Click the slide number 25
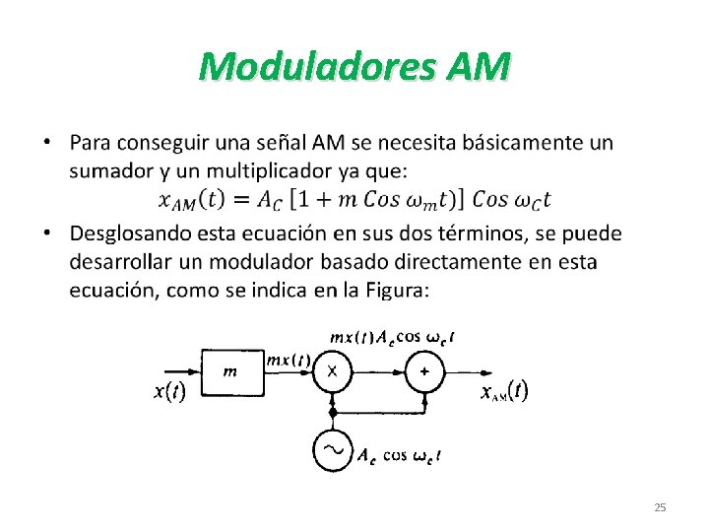click(x=660, y=507)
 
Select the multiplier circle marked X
click(x=333, y=370)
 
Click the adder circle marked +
click(x=425, y=370)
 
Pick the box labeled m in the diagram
click(x=230, y=370)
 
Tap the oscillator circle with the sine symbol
click(x=333, y=451)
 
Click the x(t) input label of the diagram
click(x=169, y=391)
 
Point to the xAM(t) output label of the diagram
click(x=504, y=392)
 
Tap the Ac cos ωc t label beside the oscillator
click(x=399, y=455)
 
